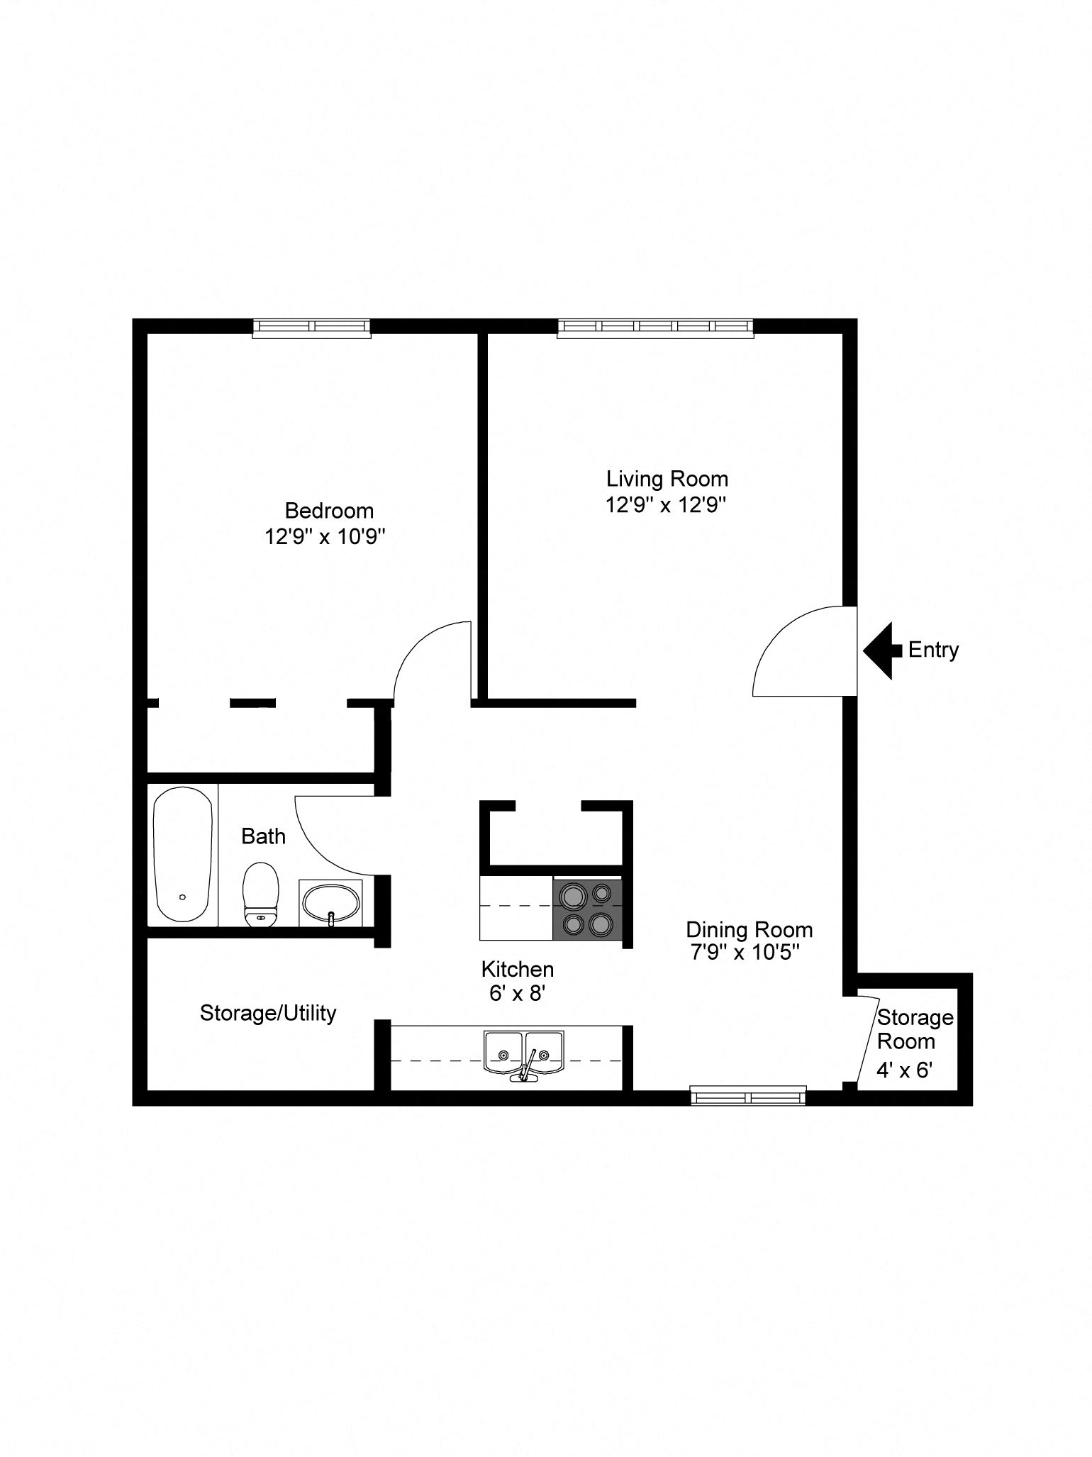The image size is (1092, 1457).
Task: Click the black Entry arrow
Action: coord(881,650)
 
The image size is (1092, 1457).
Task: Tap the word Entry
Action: coord(933,650)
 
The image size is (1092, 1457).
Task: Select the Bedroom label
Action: coord(329,511)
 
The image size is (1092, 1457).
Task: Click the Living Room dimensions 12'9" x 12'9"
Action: coord(667,505)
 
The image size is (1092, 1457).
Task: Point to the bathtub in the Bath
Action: coord(183,854)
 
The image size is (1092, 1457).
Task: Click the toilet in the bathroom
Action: coord(260,894)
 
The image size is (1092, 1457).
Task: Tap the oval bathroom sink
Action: coord(330,903)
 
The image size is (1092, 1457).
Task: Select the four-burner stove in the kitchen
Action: coord(587,909)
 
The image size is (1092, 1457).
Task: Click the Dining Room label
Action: coord(750,930)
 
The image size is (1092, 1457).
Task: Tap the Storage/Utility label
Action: coord(268,1014)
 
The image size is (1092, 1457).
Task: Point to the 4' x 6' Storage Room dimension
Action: coord(904,1070)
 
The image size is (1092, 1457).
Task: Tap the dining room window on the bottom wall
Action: coord(749,1096)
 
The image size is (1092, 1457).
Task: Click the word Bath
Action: coord(263,837)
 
